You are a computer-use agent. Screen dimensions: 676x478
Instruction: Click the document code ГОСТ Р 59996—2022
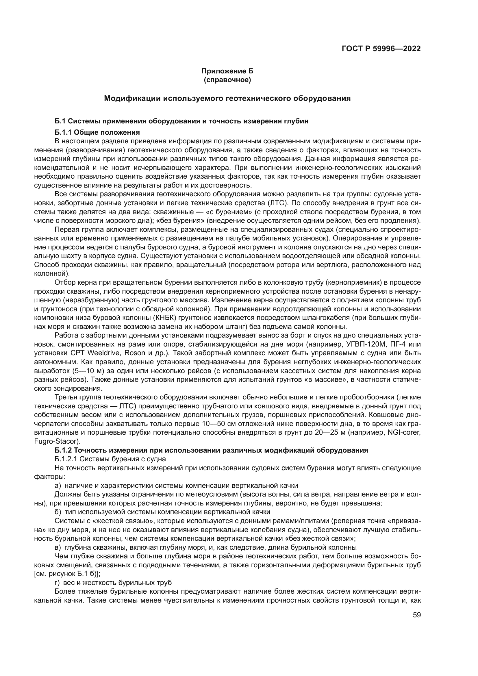pos(381,49)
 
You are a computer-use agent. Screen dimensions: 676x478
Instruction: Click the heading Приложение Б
pos(227,71)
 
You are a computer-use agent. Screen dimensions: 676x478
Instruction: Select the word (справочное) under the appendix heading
pos(227,80)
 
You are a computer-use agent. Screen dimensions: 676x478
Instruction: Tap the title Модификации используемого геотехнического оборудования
pos(227,98)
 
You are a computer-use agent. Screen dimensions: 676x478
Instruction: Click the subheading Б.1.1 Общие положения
pos(97,132)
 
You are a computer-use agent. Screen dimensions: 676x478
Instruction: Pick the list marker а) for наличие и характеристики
pos(58,485)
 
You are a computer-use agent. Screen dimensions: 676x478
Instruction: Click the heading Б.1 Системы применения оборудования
pos(181,121)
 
